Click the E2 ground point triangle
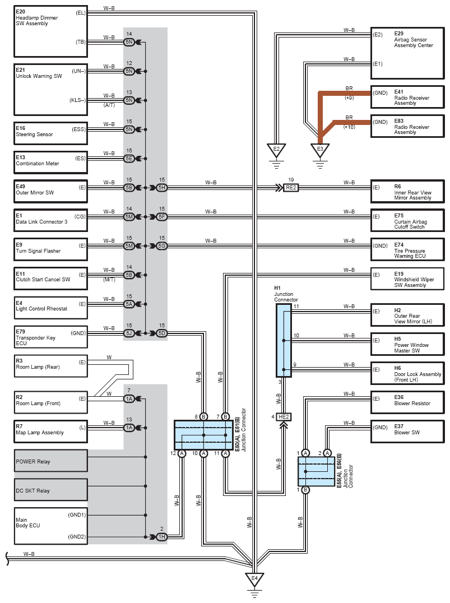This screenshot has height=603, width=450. (x=276, y=150)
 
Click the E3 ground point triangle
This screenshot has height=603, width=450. (x=320, y=150)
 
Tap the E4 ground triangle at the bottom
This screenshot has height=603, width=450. (x=254, y=579)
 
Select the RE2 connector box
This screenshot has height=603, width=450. (x=291, y=188)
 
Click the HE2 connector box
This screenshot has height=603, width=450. (x=284, y=417)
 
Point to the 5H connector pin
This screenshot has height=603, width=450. (x=162, y=188)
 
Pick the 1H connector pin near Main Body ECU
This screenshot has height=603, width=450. (x=162, y=536)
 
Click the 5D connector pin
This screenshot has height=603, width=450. (x=162, y=333)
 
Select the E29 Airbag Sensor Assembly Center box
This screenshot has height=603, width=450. (x=407, y=48)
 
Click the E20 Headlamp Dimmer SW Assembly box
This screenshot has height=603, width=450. (x=51, y=31)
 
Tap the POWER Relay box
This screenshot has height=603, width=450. (x=51, y=461)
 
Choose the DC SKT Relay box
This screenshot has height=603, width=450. (x=51, y=490)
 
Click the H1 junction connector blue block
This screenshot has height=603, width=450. (x=284, y=340)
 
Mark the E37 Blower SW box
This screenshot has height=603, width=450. (x=407, y=432)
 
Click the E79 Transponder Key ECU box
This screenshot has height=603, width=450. (x=51, y=337)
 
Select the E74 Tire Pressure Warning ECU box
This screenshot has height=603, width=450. (x=407, y=250)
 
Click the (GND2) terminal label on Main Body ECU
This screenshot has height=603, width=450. (x=77, y=537)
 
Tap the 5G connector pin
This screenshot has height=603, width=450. (x=162, y=245)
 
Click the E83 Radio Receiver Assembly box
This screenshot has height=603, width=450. (x=407, y=126)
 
